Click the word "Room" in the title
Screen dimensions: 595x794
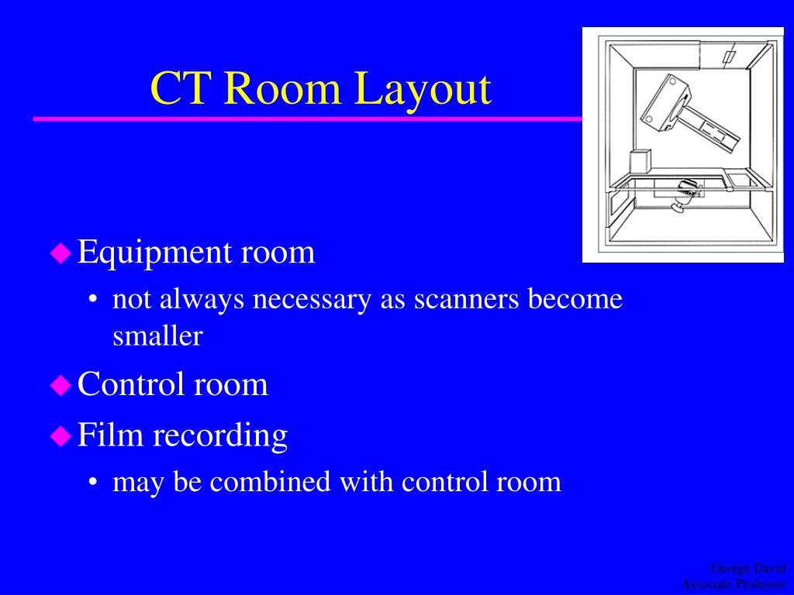coord(284,88)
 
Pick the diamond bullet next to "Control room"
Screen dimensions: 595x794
coord(60,385)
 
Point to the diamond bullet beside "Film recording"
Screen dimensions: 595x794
coord(60,436)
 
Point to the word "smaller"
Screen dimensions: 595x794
coord(157,336)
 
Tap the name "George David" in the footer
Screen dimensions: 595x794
coord(748,569)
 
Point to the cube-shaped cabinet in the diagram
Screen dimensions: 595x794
coord(640,163)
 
